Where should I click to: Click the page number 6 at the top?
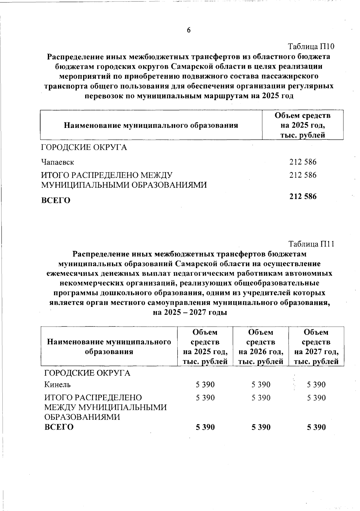coord(189,30)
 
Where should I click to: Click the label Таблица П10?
coord(311,47)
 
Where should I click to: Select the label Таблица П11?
coord(311,244)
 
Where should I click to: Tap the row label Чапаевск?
coord(58,162)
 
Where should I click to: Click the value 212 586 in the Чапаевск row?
coord(303,162)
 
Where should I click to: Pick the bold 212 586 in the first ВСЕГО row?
coord(303,197)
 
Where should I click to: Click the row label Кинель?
coord(58,385)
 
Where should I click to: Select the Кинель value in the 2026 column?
coord(261,385)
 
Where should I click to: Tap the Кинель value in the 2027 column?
coord(316,385)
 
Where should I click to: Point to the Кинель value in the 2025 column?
coord(205,385)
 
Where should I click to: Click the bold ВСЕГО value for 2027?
coord(316,427)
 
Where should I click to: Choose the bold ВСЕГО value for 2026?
coord(261,427)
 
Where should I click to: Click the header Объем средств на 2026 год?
coord(261,347)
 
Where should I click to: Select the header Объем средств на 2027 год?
coord(316,347)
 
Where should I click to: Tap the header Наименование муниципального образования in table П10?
coord(151,125)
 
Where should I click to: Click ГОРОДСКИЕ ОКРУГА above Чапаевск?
coord(84,148)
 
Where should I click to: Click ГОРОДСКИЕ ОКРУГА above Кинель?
coord(87,373)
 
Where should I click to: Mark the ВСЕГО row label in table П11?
coord(59,427)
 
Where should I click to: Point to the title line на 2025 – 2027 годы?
coord(190,313)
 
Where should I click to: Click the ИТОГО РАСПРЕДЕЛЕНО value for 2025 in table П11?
coord(205,398)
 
